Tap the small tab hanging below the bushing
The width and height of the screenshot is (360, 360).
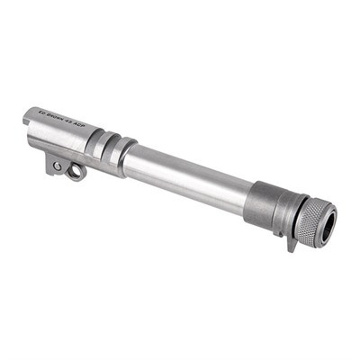[290, 240]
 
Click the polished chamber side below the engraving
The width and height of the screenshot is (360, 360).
[58, 139]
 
